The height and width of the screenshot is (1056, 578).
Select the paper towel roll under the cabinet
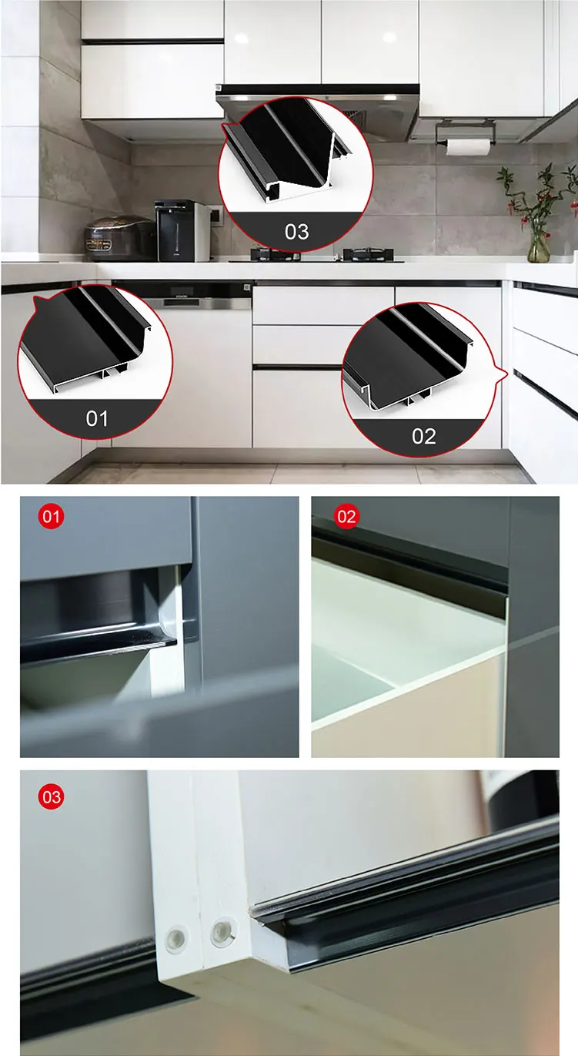pyautogui.click(x=467, y=146)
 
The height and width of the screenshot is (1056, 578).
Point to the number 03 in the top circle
pyautogui.click(x=296, y=231)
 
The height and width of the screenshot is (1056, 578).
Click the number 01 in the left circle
pyautogui.click(x=97, y=418)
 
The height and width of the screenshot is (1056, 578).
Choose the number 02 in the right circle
pyautogui.click(x=423, y=436)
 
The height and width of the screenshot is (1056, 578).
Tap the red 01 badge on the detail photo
pyautogui.click(x=51, y=517)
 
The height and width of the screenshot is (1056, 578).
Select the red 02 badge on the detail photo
pyautogui.click(x=346, y=517)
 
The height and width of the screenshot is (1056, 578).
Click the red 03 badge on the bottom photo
pyautogui.click(x=51, y=797)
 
